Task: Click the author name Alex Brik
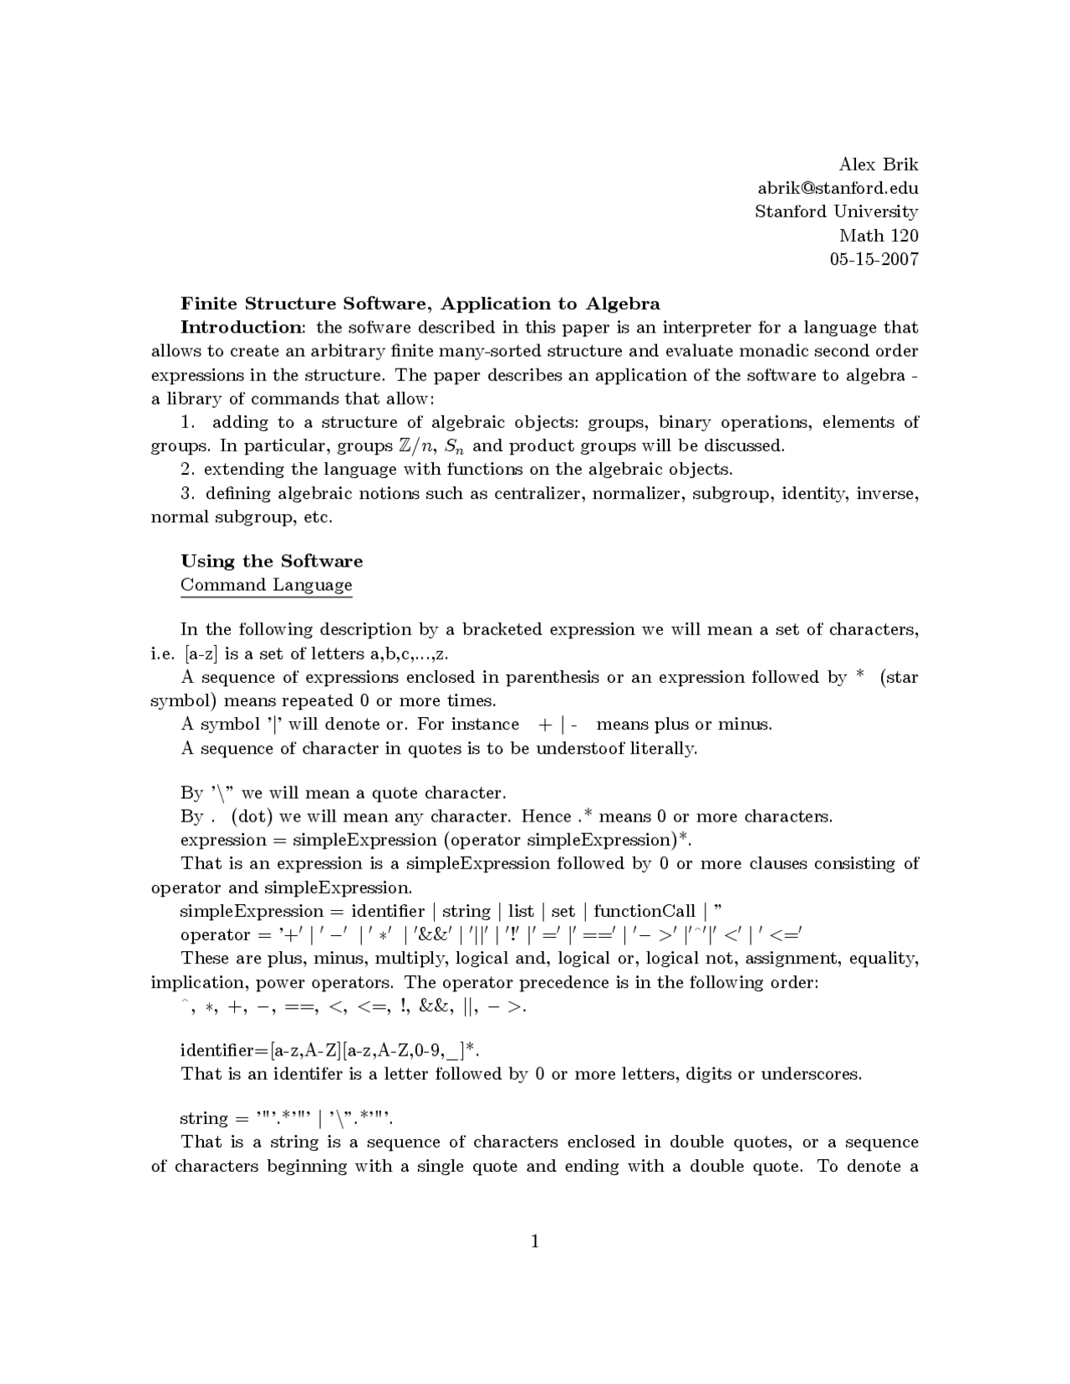pos(878,164)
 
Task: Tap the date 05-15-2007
pos(874,259)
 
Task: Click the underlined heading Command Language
pos(266,585)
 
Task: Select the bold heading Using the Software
pos(272,561)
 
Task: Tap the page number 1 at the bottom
pos(534,1241)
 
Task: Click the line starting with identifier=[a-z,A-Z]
pos(330,1050)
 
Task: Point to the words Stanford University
pos(836,211)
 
